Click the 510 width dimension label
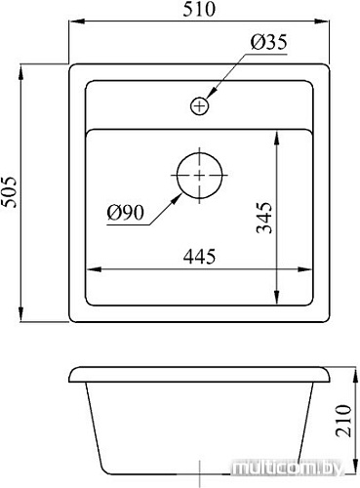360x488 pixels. tap(199, 9)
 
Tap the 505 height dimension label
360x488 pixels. tap(9, 192)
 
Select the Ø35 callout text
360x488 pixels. tap(269, 42)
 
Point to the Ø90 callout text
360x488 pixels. tap(126, 213)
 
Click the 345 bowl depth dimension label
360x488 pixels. tap(264, 218)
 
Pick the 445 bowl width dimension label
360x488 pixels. tap(199, 257)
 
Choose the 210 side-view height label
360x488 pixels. tap(343, 421)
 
